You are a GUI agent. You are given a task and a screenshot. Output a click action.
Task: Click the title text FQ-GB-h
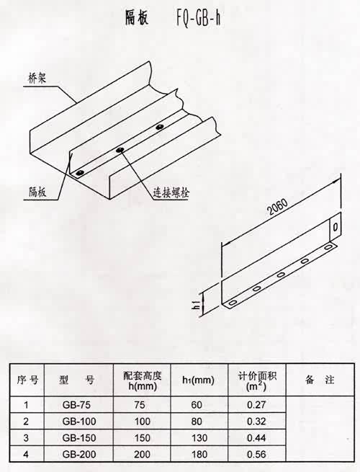(x=198, y=18)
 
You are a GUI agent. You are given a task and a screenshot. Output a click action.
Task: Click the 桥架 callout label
(x=37, y=79)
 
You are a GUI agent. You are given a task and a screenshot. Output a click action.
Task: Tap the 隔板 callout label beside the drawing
(x=38, y=192)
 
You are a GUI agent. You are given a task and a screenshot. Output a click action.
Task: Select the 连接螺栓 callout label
(x=171, y=192)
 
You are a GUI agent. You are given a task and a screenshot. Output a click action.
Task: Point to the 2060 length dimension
(x=278, y=207)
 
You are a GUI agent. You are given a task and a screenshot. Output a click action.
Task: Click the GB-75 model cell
(x=76, y=404)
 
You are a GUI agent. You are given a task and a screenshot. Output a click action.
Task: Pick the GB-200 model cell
(x=79, y=454)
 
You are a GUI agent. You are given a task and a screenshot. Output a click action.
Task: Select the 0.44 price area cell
(x=256, y=437)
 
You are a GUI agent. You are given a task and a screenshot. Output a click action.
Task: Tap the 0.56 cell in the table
(x=256, y=454)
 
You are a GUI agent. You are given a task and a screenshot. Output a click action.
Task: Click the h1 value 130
(x=199, y=437)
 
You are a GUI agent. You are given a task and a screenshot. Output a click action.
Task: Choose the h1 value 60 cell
(x=197, y=404)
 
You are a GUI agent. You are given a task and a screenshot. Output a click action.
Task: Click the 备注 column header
(x=320, y=380)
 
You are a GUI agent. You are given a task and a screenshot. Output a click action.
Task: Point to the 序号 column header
(x=27, y=380)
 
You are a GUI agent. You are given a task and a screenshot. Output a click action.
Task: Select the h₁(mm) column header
(x=198, y=380)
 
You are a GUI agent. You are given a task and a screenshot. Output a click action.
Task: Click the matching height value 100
(x=143, y=421)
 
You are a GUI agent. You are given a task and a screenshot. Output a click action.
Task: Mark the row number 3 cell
(x=26, y=437)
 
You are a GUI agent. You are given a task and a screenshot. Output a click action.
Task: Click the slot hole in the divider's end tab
(x=336, y=226)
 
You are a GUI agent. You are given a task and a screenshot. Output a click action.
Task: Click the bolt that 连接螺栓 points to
(x=120, y=150)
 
